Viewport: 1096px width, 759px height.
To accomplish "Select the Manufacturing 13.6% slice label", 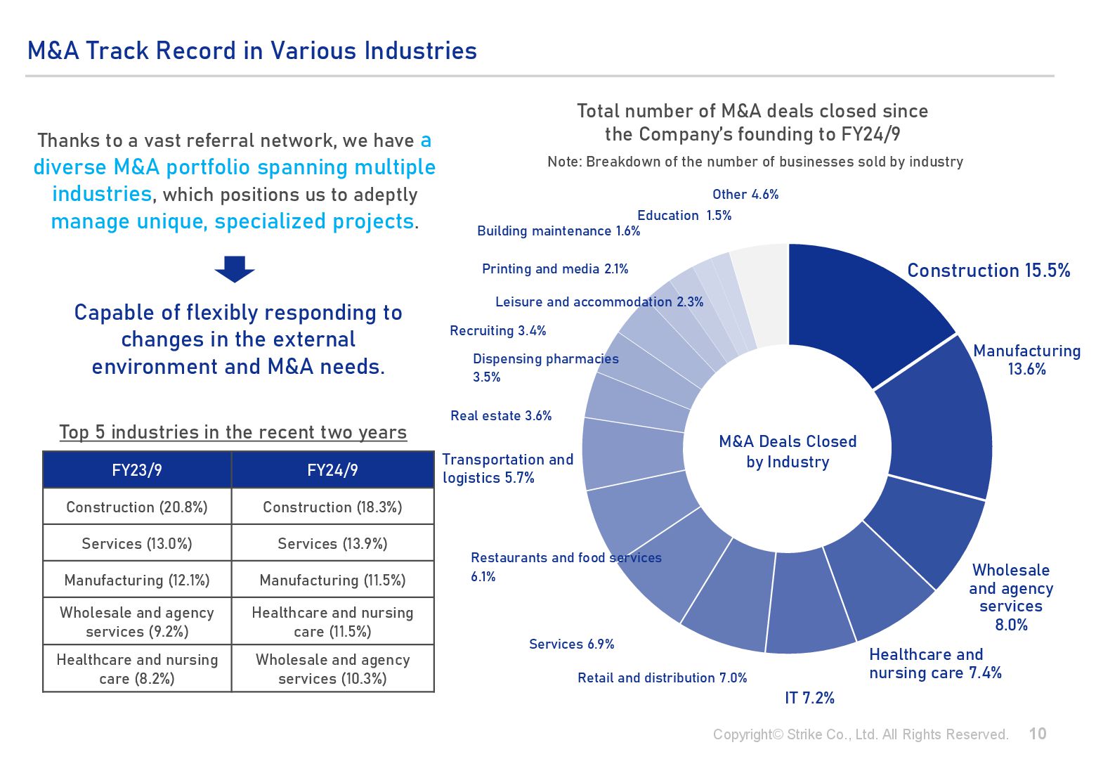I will click(1026, 360).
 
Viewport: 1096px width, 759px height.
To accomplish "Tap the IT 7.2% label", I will click(809, 698).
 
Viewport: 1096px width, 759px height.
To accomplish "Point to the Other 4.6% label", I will click(745, 195).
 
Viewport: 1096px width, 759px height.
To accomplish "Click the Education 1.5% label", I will click(684, 216).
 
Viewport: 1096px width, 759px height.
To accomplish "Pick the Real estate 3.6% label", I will click(501, 416).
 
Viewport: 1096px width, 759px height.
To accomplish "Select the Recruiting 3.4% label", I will click(498, 331).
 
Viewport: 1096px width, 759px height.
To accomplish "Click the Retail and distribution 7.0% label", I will click(662, 678).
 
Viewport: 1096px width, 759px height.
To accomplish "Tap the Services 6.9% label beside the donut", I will click(571, 644).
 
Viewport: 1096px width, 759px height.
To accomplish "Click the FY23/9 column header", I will click(137, 470).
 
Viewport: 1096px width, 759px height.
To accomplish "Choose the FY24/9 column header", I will click(332, 470).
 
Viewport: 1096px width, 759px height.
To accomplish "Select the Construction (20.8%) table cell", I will click(137, 507).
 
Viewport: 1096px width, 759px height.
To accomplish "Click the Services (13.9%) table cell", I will click(332, 544).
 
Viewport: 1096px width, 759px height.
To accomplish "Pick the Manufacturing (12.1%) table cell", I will click(137, 580).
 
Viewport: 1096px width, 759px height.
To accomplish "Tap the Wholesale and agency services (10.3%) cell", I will click(332, 669).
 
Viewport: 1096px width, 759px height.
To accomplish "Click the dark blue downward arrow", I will click(235, 269).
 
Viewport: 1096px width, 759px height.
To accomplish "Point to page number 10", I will click(1038, 734).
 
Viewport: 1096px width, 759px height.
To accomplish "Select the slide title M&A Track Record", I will click(252, 51).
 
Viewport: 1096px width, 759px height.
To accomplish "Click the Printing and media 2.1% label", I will click(555, 269).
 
